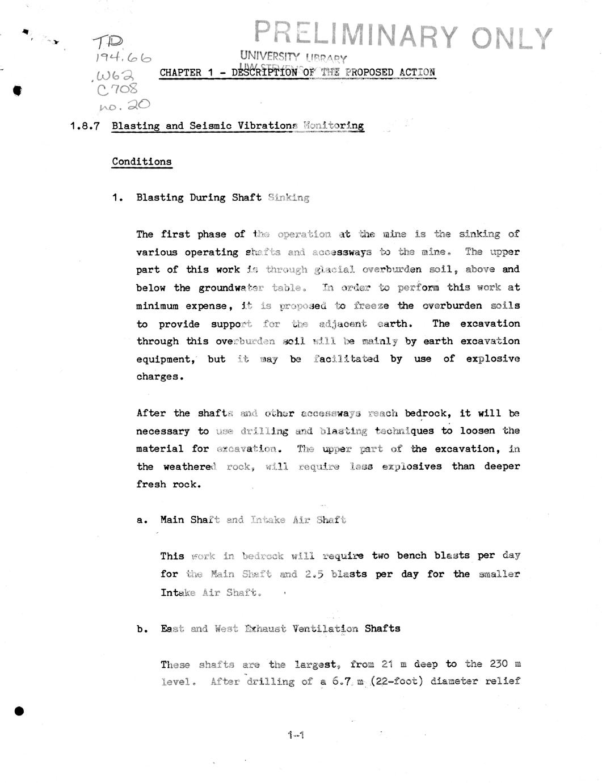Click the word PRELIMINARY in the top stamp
click(355, 35)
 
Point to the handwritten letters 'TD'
click(108, 41)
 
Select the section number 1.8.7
click(85, 126)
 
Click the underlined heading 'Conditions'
click(141, 162)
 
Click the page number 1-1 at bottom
click(296, 735)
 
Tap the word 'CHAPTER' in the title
click(180, 73)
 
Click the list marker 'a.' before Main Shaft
click(142, 520)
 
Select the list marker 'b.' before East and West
click(142, 629)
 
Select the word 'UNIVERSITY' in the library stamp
click(270, 56)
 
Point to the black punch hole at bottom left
click(19, 711)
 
